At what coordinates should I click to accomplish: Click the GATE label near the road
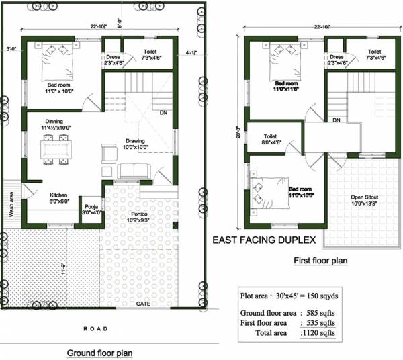click(143, 304)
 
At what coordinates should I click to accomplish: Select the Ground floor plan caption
click(99, 353)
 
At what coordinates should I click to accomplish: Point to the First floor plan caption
click(321, 260)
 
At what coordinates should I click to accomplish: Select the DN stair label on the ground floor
click(163, 113)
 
